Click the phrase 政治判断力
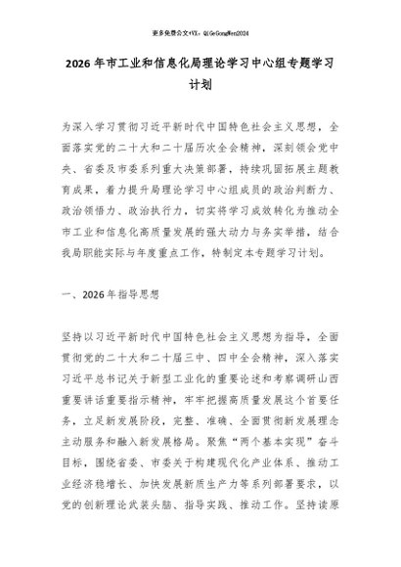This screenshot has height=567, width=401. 318,201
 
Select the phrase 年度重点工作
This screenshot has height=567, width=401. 169,275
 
